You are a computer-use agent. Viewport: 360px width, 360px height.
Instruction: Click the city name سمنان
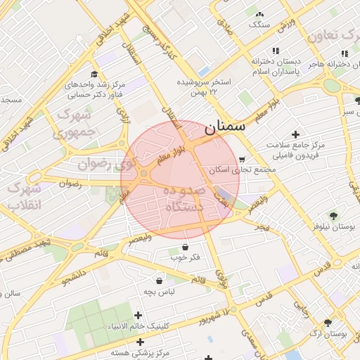point(225,128)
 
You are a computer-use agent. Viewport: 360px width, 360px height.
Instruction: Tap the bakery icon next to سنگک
point(259,14)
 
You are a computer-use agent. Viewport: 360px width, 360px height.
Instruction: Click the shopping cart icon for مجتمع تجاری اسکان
point(243,160)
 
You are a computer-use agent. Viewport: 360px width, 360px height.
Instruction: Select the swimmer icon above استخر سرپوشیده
point(203,71)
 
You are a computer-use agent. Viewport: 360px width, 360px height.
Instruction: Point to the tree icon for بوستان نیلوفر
point(333,216)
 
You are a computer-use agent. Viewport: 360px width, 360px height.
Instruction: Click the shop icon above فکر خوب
point(185,247)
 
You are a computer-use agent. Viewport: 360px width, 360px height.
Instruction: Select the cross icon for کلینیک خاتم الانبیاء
point(138,316)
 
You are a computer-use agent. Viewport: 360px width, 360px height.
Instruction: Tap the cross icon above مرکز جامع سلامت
point(295,134)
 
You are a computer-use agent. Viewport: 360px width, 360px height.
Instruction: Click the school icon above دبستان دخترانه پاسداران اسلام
point(276,51)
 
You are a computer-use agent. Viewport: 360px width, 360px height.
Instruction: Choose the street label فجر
point(262,228)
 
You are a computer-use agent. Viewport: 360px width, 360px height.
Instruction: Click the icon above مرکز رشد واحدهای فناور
point(93,73)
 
